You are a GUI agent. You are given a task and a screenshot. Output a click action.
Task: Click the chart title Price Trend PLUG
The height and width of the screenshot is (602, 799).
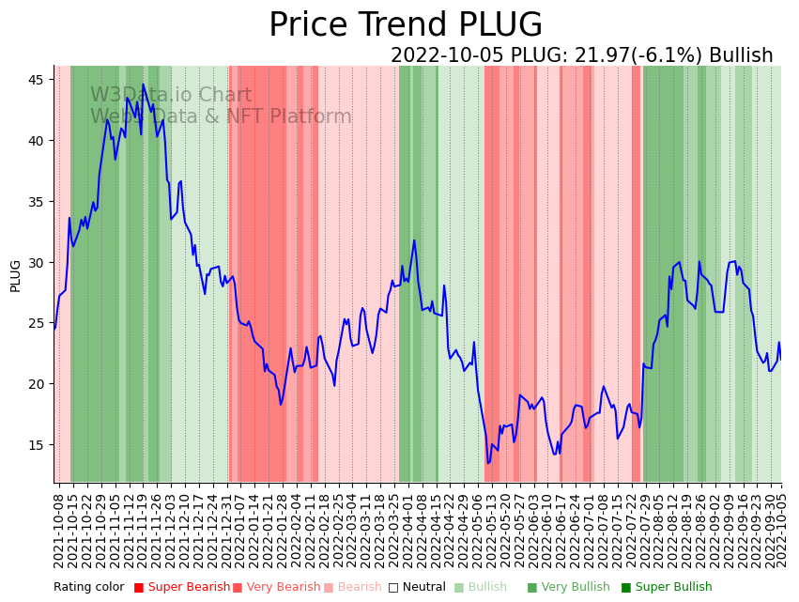(x=406, y=25)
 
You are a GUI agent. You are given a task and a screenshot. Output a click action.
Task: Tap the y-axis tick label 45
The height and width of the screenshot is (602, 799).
(x=35, y=80)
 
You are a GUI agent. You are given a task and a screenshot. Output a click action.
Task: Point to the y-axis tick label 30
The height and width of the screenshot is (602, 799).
(x=35, y=262)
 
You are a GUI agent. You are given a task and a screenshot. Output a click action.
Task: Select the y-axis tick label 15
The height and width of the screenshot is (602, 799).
(x=35, y=444)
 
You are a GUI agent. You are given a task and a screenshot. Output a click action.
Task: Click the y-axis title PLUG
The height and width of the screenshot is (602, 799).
(x=16, y=275)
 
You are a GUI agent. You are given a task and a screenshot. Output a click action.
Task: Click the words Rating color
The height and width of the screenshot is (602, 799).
(x=88, y=588)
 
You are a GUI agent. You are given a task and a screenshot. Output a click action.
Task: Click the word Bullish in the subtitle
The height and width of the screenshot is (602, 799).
(x=741, y=56)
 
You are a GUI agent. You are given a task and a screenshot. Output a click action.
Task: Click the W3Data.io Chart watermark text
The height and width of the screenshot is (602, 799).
(x=171, y=96)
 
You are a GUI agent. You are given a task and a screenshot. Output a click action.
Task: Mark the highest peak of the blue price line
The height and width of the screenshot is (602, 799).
(x=144, y=85)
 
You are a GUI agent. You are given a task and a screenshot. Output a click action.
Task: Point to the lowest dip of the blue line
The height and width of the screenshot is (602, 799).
(x=487, y=462)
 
